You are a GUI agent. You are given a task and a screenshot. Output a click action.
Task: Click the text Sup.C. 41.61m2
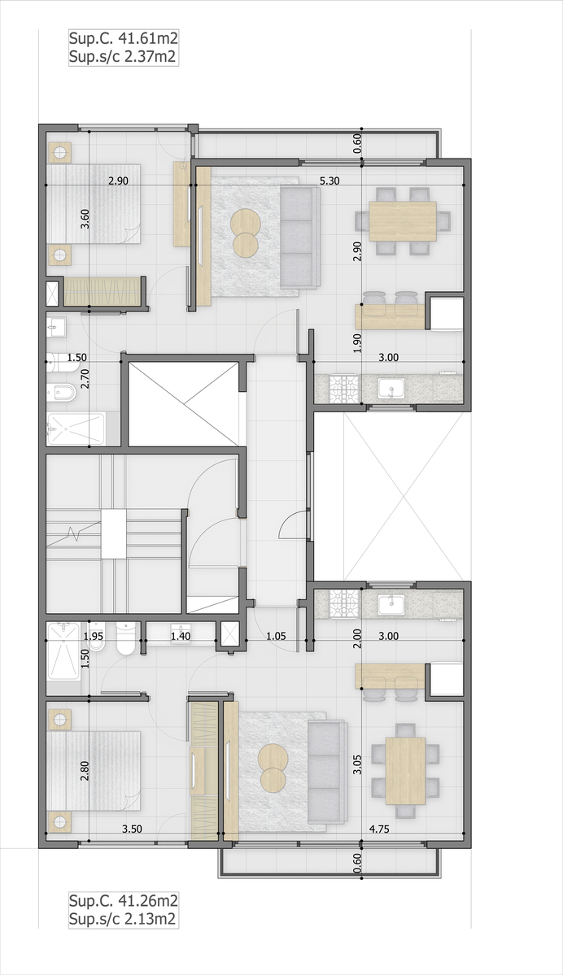point(123,38)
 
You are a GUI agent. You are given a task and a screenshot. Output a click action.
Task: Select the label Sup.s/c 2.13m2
point(122,919)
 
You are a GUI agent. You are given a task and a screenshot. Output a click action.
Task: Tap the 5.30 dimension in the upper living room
point(330,181)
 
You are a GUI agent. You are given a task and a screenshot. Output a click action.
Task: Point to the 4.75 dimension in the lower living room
point(379,829)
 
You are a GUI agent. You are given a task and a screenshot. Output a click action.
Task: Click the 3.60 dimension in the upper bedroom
point(85,219)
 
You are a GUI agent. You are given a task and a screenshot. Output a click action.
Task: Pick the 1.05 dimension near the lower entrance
point(276,636)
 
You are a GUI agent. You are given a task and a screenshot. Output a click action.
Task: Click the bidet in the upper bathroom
point(62,393)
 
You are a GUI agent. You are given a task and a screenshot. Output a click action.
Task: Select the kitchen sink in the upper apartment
point(391,389)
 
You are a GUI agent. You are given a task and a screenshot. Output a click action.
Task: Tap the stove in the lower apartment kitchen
point(344,603)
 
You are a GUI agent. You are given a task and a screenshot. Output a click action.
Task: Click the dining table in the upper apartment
point(403,220)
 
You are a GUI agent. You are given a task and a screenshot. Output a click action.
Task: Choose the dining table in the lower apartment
point(406,770)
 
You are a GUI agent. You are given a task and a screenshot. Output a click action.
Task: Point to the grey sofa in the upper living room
point(300,237)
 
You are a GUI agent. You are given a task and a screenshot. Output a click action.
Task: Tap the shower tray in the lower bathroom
point(63,651)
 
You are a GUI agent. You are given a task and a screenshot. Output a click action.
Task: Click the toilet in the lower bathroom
point(125,638)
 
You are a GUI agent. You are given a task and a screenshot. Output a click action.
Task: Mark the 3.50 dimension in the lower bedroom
point(133,829)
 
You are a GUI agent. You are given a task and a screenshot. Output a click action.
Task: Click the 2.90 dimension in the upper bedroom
point(118,181)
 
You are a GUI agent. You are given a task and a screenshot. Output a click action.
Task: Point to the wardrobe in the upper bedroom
point(103,291)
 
